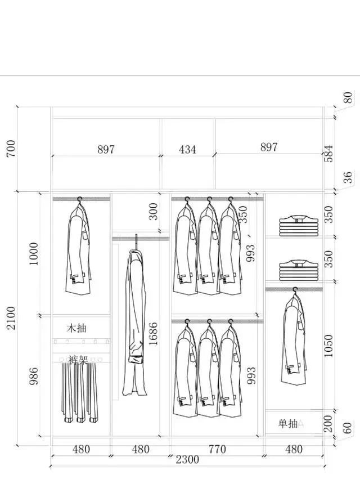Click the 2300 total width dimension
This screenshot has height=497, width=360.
187,460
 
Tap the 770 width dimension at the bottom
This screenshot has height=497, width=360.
217,449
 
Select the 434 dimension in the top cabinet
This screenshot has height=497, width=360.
187,150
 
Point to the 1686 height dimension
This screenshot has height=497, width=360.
153,334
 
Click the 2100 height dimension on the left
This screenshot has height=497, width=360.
11,318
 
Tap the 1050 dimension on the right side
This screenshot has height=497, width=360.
328,346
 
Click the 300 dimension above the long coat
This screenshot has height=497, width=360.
153,212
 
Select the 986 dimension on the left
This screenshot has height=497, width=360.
34,376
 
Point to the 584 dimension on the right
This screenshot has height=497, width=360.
329,154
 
